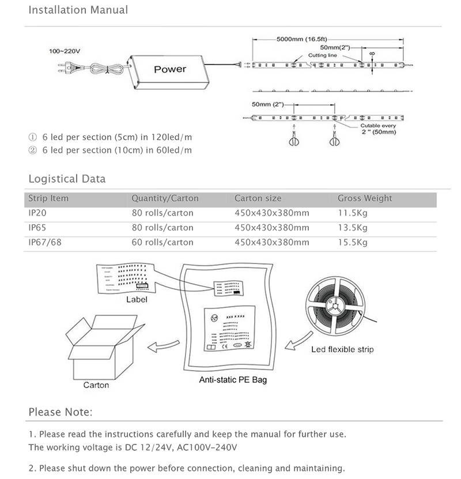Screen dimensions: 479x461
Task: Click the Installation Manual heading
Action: [x=78, y=10]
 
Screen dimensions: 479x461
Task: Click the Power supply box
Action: [x=169, y=70]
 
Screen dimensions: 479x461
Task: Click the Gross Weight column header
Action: [x=365, y=198]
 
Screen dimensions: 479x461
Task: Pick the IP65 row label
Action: [x=37, y=228]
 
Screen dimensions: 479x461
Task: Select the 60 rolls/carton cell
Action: [x=162, y=242]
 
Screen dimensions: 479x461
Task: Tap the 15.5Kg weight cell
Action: [x=352, y=242]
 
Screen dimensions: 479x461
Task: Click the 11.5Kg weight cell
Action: [x=352, y=213]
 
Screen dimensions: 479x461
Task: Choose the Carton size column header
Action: [x=258, y=198]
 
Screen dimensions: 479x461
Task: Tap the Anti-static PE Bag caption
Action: [x=233, y=380]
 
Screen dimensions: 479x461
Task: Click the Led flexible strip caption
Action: [x=342, y=349]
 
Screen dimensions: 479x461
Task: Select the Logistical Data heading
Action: [x=67, y=179]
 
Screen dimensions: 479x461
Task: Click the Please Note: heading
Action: [x=60, y=412]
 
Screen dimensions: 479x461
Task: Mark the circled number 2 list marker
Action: [x=32, y=150]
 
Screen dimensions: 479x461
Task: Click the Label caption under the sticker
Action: [x=137, y=300]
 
